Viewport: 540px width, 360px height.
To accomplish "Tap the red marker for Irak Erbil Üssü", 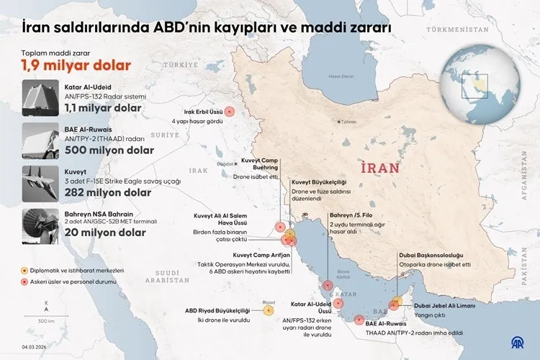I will (230, 111).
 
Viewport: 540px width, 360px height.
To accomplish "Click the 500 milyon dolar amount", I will (109, 150).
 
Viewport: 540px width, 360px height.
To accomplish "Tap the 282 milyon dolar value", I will (108, 192).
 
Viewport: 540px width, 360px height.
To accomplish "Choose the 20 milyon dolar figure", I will (105, 233).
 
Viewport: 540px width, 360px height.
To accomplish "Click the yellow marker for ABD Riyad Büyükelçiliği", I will (269, 311).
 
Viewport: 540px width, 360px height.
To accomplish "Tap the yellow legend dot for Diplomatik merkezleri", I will (25, 270).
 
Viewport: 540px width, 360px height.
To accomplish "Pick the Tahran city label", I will (349, 122).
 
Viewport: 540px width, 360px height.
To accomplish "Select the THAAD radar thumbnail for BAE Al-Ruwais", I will (40, 140).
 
